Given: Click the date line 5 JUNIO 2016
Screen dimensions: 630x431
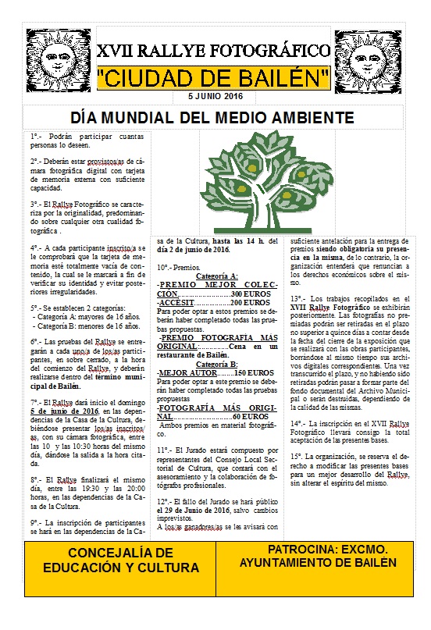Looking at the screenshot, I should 215,95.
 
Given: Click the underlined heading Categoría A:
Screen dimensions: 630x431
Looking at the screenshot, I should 217,276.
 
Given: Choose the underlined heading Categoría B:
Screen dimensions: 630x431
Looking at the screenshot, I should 217,365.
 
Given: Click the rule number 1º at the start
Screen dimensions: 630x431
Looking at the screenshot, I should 35,136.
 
